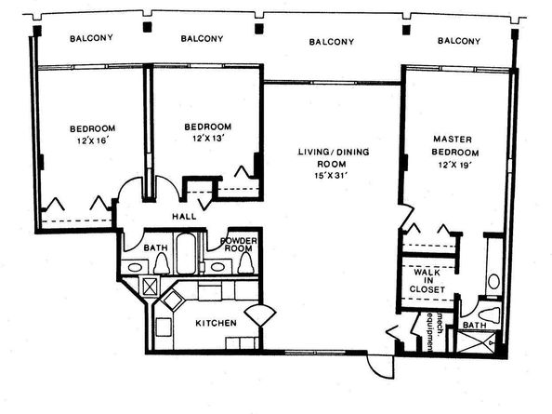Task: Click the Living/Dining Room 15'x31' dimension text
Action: pos(331,176)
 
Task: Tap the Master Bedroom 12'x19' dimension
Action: pos(454,165)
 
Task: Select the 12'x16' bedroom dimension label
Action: pos(92,140)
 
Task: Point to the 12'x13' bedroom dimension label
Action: pos(208,139)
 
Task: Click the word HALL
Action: pos(184,217)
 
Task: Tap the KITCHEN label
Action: pos(216,323)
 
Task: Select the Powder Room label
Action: pos(239,245)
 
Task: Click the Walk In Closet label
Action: pos(427,281)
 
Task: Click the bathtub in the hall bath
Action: pos(186,253)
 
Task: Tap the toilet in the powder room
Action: pos(245,263)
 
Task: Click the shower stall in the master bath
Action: pos(476,341)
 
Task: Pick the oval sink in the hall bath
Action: pos(135,267)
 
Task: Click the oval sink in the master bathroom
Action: pos(493,282)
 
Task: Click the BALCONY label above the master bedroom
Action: pos(459,41)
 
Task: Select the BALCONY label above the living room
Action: pos(331,42)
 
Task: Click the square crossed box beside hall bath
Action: pos(151,286)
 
